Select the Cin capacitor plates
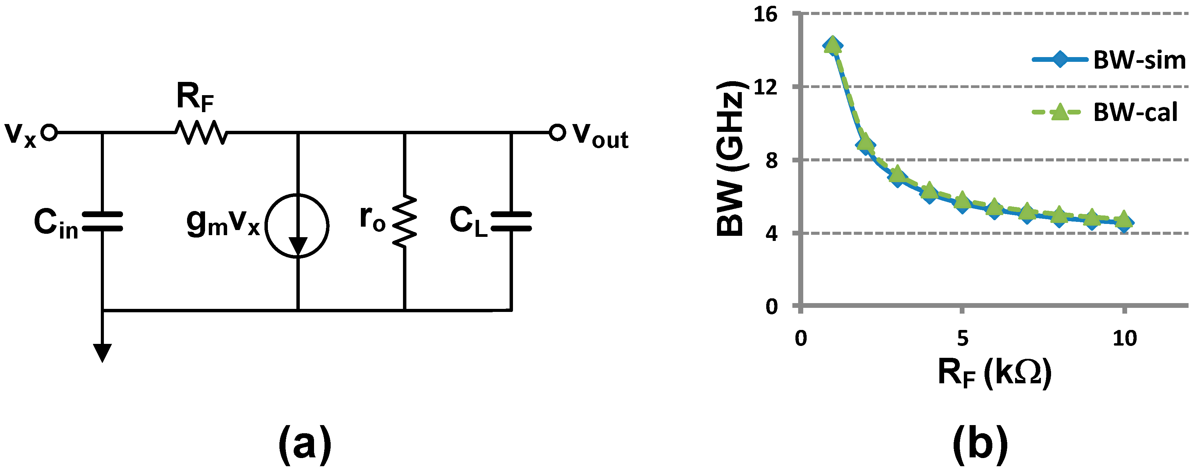pyautogui.click(x=103, y=222)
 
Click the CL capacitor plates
pyautogui.click(x=511, y=221)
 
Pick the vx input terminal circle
pyautogui.click(x=49, y=133)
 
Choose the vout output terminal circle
pyautogui.click(x=557, y=133)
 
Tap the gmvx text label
pyautogui.click(x=223, y=222)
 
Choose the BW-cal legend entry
pyautogui.click(x=1105, y=112)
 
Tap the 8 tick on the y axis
pyautogui.click(x=771, y=160)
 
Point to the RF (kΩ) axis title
pyautogui.click(x=995, y=373)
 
